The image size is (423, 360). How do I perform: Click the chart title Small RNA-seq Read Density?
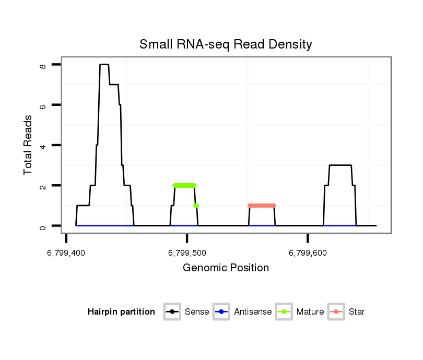(226, 44)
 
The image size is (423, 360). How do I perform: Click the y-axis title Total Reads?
(29, 145)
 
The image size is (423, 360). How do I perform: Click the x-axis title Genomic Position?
(226, 268)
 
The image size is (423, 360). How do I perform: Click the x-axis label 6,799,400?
(66, 253)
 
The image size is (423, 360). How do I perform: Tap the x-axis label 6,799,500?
(187, 253)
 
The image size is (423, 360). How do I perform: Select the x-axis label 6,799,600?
(308, 253)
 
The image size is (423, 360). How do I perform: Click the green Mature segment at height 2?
(184, 185)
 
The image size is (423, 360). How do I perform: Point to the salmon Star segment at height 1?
(262, 206)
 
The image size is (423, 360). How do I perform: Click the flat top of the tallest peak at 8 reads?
(104, 64)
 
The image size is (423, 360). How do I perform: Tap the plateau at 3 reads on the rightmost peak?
(340, 165)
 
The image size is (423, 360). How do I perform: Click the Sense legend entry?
(196, 312)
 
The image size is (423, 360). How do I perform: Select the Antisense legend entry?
(252, 312)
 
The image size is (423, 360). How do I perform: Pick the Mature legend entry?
(310, 312)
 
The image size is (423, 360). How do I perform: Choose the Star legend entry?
(356, 312)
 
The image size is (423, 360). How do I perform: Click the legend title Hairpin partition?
(121, 312)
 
